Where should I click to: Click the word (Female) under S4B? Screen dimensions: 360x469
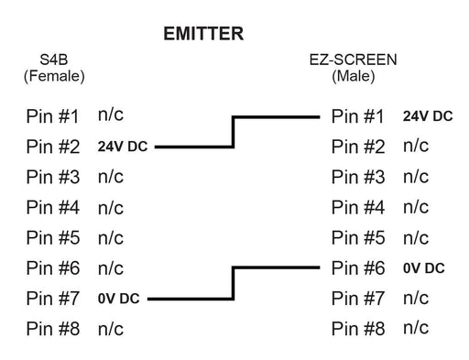tap(53, 77)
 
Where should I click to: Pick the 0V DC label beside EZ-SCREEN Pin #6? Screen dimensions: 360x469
tap(423, 268)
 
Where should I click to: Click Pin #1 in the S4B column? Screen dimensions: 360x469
tap(54, 117)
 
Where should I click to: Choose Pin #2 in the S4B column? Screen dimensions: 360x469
tap(54, 147)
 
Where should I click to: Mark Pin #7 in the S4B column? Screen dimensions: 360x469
tap(54, 298)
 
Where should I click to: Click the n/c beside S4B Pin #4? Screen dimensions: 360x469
tap(110, 207)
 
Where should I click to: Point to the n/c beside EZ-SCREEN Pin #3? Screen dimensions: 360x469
tap(416, 177)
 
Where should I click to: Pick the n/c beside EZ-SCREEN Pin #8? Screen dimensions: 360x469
tap(416, 327)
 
